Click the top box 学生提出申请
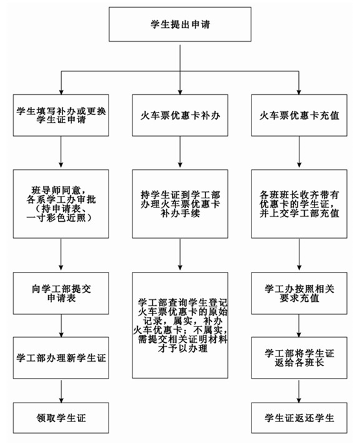(180, 24)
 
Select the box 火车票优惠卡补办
(180, 115)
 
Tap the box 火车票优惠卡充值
(299, 115)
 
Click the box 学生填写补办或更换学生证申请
(61, 115)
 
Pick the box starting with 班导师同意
(61, 204)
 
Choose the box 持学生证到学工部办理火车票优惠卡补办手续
(180, 204)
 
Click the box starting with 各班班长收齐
(299, 204)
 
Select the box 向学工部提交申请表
(61, 293)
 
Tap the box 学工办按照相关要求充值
(299, 293)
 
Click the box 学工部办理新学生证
(61, 358)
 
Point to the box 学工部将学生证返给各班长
(299, 358)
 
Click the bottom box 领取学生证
(61, 418)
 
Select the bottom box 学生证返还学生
(299, 418)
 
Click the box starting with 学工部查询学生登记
(180, 325)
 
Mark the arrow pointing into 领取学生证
(61, 391)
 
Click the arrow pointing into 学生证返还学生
(299, 391)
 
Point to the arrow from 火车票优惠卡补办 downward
(180, 152)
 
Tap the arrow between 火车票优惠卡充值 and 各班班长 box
(299, 152)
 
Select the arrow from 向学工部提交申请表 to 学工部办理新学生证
(61, 325)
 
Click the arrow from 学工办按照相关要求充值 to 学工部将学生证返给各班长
(299, 325)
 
